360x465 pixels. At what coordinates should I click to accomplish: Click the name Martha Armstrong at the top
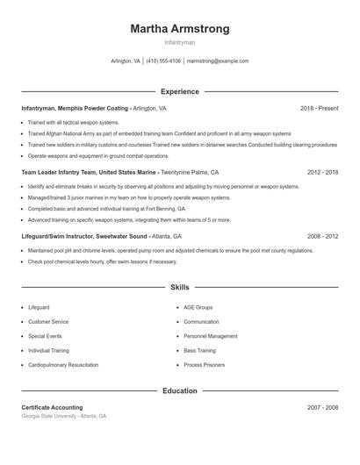(179, 29)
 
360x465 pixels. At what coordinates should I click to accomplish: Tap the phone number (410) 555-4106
(163, 61)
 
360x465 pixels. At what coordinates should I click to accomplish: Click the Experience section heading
(179, 91)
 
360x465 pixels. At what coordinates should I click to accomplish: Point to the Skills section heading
(179, 287)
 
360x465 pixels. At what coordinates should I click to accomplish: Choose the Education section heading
(179, 390)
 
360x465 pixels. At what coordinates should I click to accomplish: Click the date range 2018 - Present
(319, 108)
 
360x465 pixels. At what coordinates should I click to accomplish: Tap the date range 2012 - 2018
(322, 173)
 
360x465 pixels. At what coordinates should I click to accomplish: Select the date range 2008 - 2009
(322, 237)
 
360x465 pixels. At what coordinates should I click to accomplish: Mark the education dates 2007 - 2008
(322, 408)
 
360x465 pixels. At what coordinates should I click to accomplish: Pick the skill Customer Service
(48, 322)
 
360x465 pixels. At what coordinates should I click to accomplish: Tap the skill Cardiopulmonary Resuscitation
(62, 364)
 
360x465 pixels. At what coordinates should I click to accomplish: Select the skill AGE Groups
(198, 308)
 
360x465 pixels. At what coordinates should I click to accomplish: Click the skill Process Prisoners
(205, 364)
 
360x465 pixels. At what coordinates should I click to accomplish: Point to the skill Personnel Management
(211, 336)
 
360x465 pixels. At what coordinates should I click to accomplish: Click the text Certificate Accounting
(52, 408)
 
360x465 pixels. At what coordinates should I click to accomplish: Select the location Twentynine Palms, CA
(189, 173)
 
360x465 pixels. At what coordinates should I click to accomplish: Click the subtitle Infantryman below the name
(179, 42)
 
